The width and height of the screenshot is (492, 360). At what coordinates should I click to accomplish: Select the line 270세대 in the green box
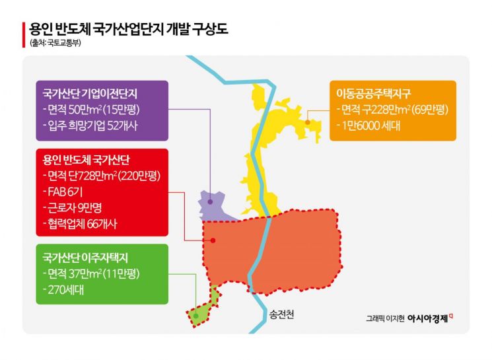pyautogui.click(x=63, y=289)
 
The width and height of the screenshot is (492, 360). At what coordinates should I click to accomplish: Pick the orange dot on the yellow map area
pyautogui.click(x=308, y=122)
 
